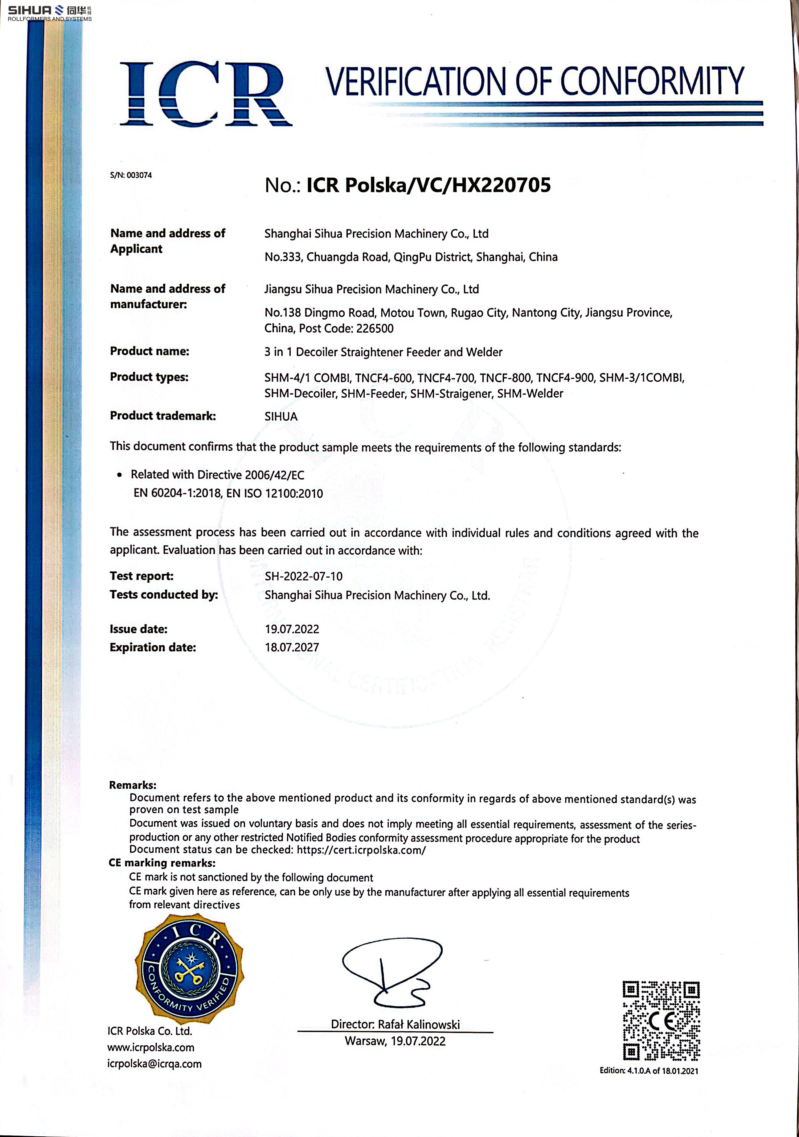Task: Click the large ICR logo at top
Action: (206, 94)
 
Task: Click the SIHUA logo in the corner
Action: (50, 12)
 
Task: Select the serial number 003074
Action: (139, 175)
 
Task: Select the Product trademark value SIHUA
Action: (281, 416)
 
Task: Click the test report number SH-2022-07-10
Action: (303, 576)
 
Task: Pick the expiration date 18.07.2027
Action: (292, 647)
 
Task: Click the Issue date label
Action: (138, 629)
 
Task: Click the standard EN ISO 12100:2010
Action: (275, 493)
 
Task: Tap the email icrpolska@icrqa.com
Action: (154, 1064)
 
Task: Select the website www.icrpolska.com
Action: (151, 1047)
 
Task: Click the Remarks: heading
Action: (132, 785)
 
